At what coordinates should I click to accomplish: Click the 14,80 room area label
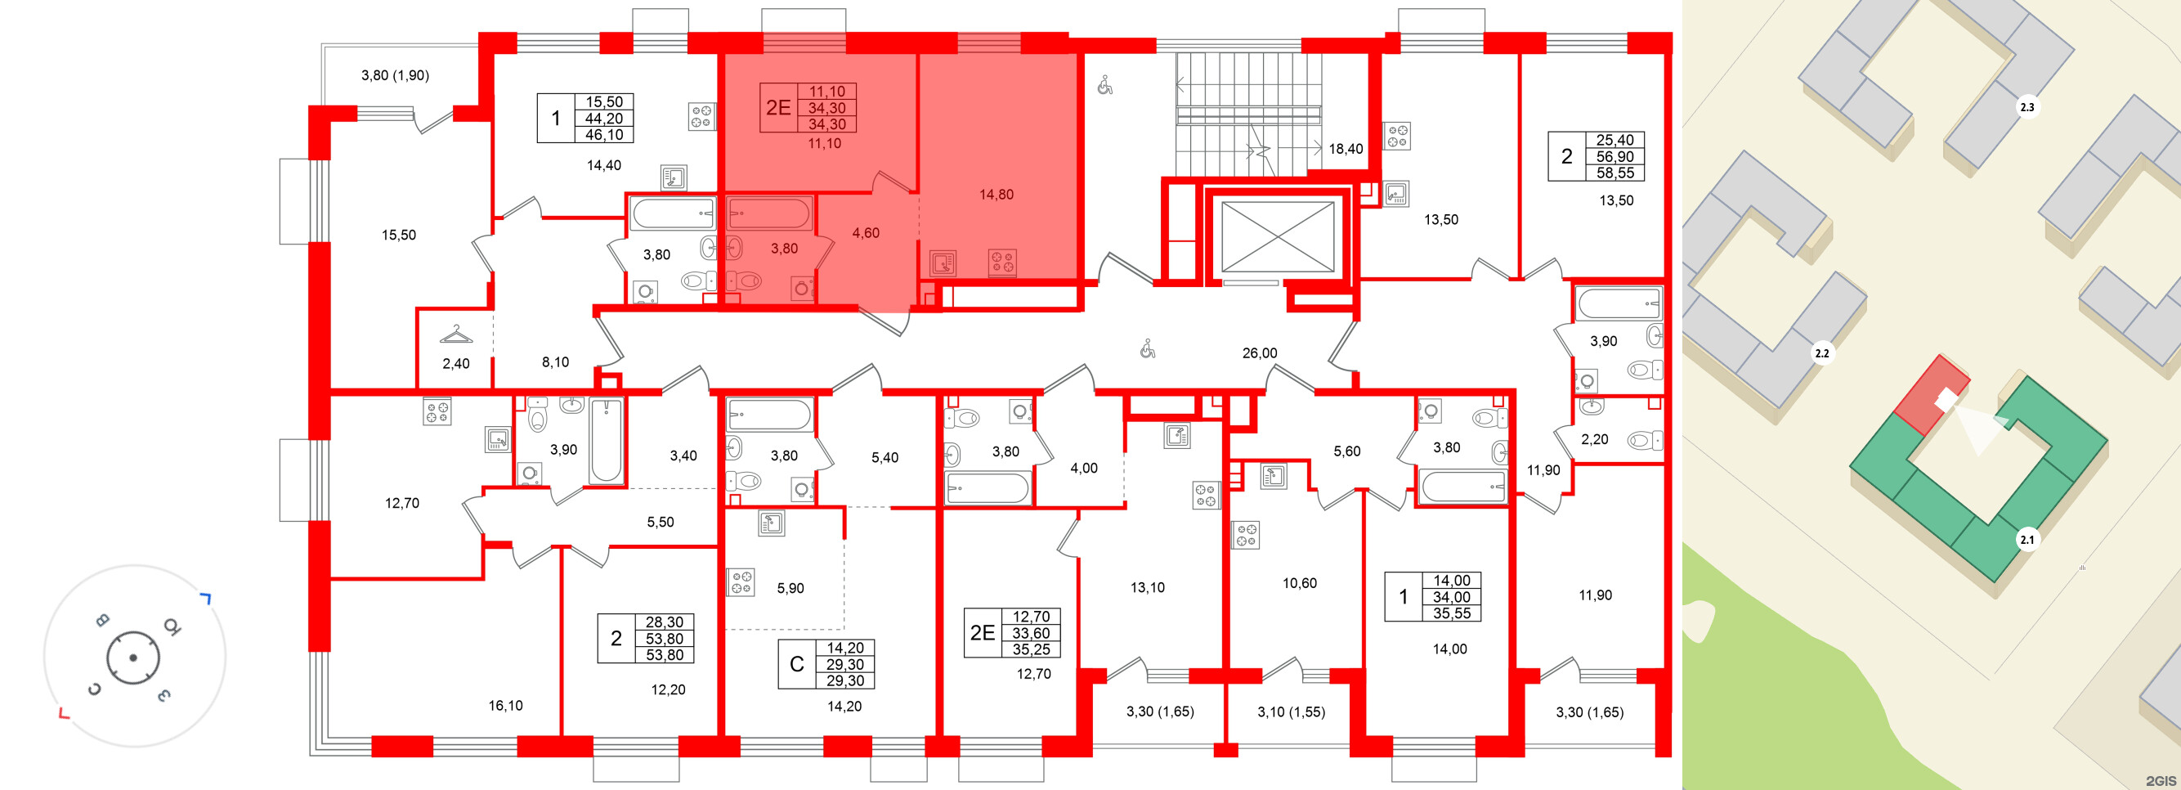click(996, 195)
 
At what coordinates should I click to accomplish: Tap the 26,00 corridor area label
click(1259, 353)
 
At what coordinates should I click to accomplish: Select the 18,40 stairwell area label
click(1346, 149)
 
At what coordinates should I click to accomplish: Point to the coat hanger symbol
click(456, 335)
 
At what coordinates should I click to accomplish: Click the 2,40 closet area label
click(455, 364)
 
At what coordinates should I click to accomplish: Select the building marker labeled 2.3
click(2027, 107)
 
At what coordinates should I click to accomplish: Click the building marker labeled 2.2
click(1821, 353)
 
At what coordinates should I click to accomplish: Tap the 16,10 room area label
click(505, 705)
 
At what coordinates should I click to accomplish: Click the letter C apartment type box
click(797, 665)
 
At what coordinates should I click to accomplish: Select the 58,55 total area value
click(1614, 173)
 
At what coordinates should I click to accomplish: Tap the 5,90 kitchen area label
click(790, 589)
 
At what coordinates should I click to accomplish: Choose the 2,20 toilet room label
click(1594, 439)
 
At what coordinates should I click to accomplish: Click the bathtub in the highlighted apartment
click(768, 213)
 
